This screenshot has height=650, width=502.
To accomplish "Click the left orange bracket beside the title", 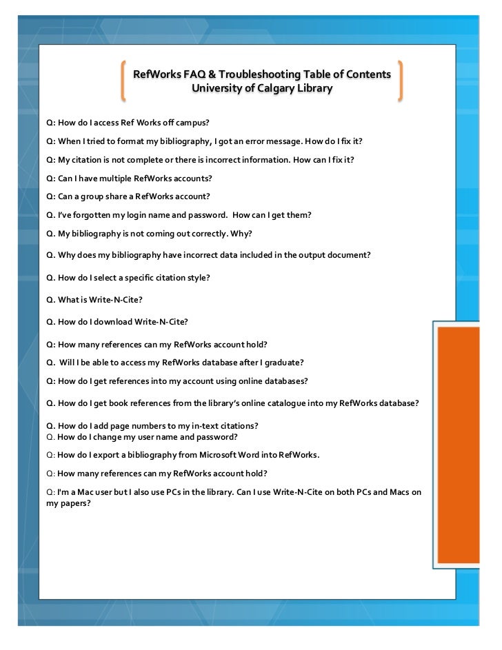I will [x=122, y=81].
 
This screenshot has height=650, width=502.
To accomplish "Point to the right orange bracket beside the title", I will [x=400, y=81].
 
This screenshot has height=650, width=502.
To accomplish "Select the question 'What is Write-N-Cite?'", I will [x=94, y=300].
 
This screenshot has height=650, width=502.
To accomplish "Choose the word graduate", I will [x=283, y=363].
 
